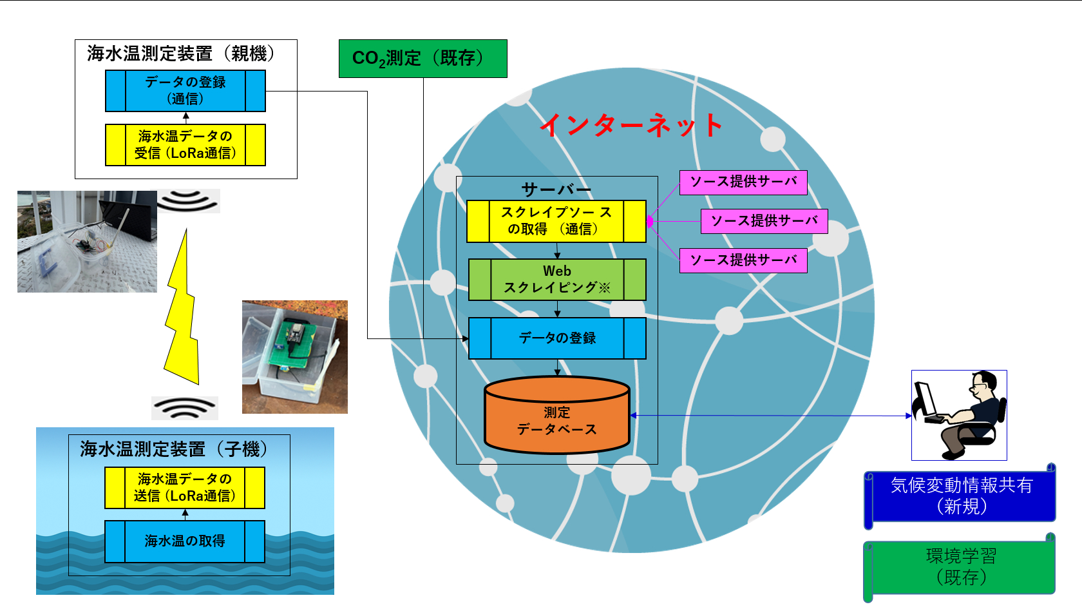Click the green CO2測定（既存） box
[422, 59]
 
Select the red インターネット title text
[631, 125]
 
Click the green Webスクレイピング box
[557, 280]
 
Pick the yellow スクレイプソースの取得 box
[556, 221]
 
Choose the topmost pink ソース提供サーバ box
[743, 182]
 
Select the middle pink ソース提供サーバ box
[764, 221]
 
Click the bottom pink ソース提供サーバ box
[743, 260]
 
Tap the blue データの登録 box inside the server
[557, 338]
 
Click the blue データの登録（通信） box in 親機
[185, 91]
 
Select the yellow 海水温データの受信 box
[185, 145]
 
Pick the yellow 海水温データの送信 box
[185, 488]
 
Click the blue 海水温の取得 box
[185, 541]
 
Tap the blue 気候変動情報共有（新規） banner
[960, 496]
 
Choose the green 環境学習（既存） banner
[960, 566]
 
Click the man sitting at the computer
[959, 416]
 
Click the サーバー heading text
[556, 189]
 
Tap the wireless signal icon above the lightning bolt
[187, 201]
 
